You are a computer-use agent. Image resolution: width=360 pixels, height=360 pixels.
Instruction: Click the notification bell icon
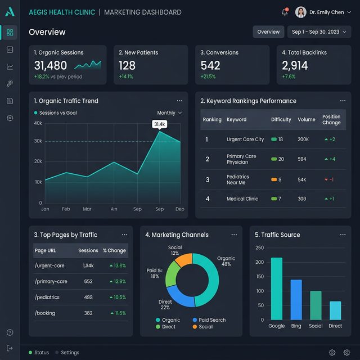click(285, 12)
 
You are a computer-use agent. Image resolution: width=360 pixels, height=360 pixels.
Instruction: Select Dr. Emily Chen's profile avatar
click(301, 12)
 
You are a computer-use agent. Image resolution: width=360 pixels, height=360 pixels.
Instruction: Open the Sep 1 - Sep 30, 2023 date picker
click(319, 32)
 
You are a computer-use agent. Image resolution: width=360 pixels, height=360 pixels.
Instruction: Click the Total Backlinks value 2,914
click(295, 65)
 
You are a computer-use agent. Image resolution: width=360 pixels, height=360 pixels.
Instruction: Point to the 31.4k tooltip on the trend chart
click(159, 124)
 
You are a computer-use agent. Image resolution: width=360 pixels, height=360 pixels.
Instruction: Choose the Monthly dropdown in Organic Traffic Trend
click(169, 112)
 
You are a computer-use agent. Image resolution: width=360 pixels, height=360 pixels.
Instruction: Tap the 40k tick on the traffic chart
click(38, 123)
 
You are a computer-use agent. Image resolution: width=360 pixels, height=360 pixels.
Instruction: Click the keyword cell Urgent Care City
click(245, 139)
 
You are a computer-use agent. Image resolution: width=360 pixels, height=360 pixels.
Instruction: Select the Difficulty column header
click(281, 119)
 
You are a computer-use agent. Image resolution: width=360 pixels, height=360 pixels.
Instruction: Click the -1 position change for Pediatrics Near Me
click(330, 179)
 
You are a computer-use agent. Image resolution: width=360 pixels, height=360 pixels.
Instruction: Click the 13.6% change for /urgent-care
click(117, 265)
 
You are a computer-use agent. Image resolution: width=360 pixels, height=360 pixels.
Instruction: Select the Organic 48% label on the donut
click(226, 261)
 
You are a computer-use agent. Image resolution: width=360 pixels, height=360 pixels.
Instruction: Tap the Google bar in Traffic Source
click(276, 289)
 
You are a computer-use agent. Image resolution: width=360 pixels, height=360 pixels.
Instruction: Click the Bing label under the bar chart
click(296, 326)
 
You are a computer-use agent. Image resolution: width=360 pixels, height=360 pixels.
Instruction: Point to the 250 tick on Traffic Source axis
click(259, 247)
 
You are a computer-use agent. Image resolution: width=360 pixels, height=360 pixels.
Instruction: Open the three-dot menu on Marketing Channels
click(233, 235)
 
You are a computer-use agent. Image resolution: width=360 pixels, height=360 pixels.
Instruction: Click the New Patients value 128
click(127, 65)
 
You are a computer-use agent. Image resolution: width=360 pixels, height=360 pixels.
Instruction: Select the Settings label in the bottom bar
click(70, 353)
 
